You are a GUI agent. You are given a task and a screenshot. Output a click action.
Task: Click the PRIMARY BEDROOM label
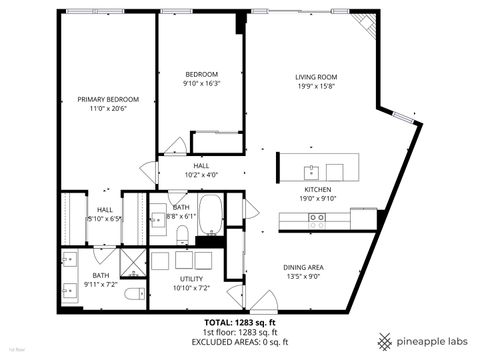coord(108,99)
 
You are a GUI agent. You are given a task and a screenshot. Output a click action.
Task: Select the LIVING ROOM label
coord(315,76)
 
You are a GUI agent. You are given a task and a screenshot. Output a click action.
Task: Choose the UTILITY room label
coord(191,279)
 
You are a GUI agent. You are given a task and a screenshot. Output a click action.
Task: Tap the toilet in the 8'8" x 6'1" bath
coord(182,235)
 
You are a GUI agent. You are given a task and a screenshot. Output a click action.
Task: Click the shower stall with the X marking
coord(132,262)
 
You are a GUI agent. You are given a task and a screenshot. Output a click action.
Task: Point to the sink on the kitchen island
coord(312,169)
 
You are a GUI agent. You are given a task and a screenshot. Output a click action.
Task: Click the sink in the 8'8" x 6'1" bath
coord(157,216)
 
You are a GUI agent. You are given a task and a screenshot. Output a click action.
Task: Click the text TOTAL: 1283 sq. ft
coord(239,323)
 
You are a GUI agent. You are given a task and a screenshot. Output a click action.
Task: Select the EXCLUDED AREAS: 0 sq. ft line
coord(239,342)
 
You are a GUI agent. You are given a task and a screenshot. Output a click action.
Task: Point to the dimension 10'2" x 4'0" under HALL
coord(201,174)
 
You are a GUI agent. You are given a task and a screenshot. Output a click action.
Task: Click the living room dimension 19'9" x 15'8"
coord(315,86)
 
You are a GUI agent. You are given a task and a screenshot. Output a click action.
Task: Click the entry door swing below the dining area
coord(262,299)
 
